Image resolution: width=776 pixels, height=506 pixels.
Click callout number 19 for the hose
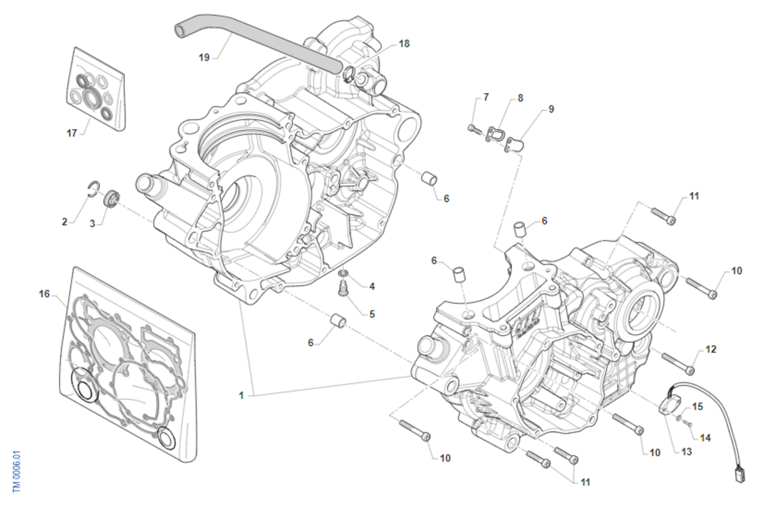pyautogui.click(x=204, y=58)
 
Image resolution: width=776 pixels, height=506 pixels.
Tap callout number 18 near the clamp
pyautogui.click(x=404, y=44)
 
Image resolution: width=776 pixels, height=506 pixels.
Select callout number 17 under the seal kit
pyautogui.click(x=72, y=133)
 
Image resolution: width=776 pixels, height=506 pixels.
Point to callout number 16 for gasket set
pyautogui.click(x=44, y=293)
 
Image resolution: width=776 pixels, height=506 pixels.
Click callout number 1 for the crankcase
pyautogui.click(x=241, y=395)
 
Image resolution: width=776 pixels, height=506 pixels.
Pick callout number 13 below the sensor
pyautogui.click(x=686, y=452)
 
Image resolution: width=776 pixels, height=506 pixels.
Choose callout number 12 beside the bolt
pyautogui.click(x=711, y=350)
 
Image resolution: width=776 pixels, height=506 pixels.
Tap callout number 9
pyautogui.click(x=551, y=109)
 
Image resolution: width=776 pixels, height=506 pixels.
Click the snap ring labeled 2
pyautogui.click(x=93, y=188)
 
